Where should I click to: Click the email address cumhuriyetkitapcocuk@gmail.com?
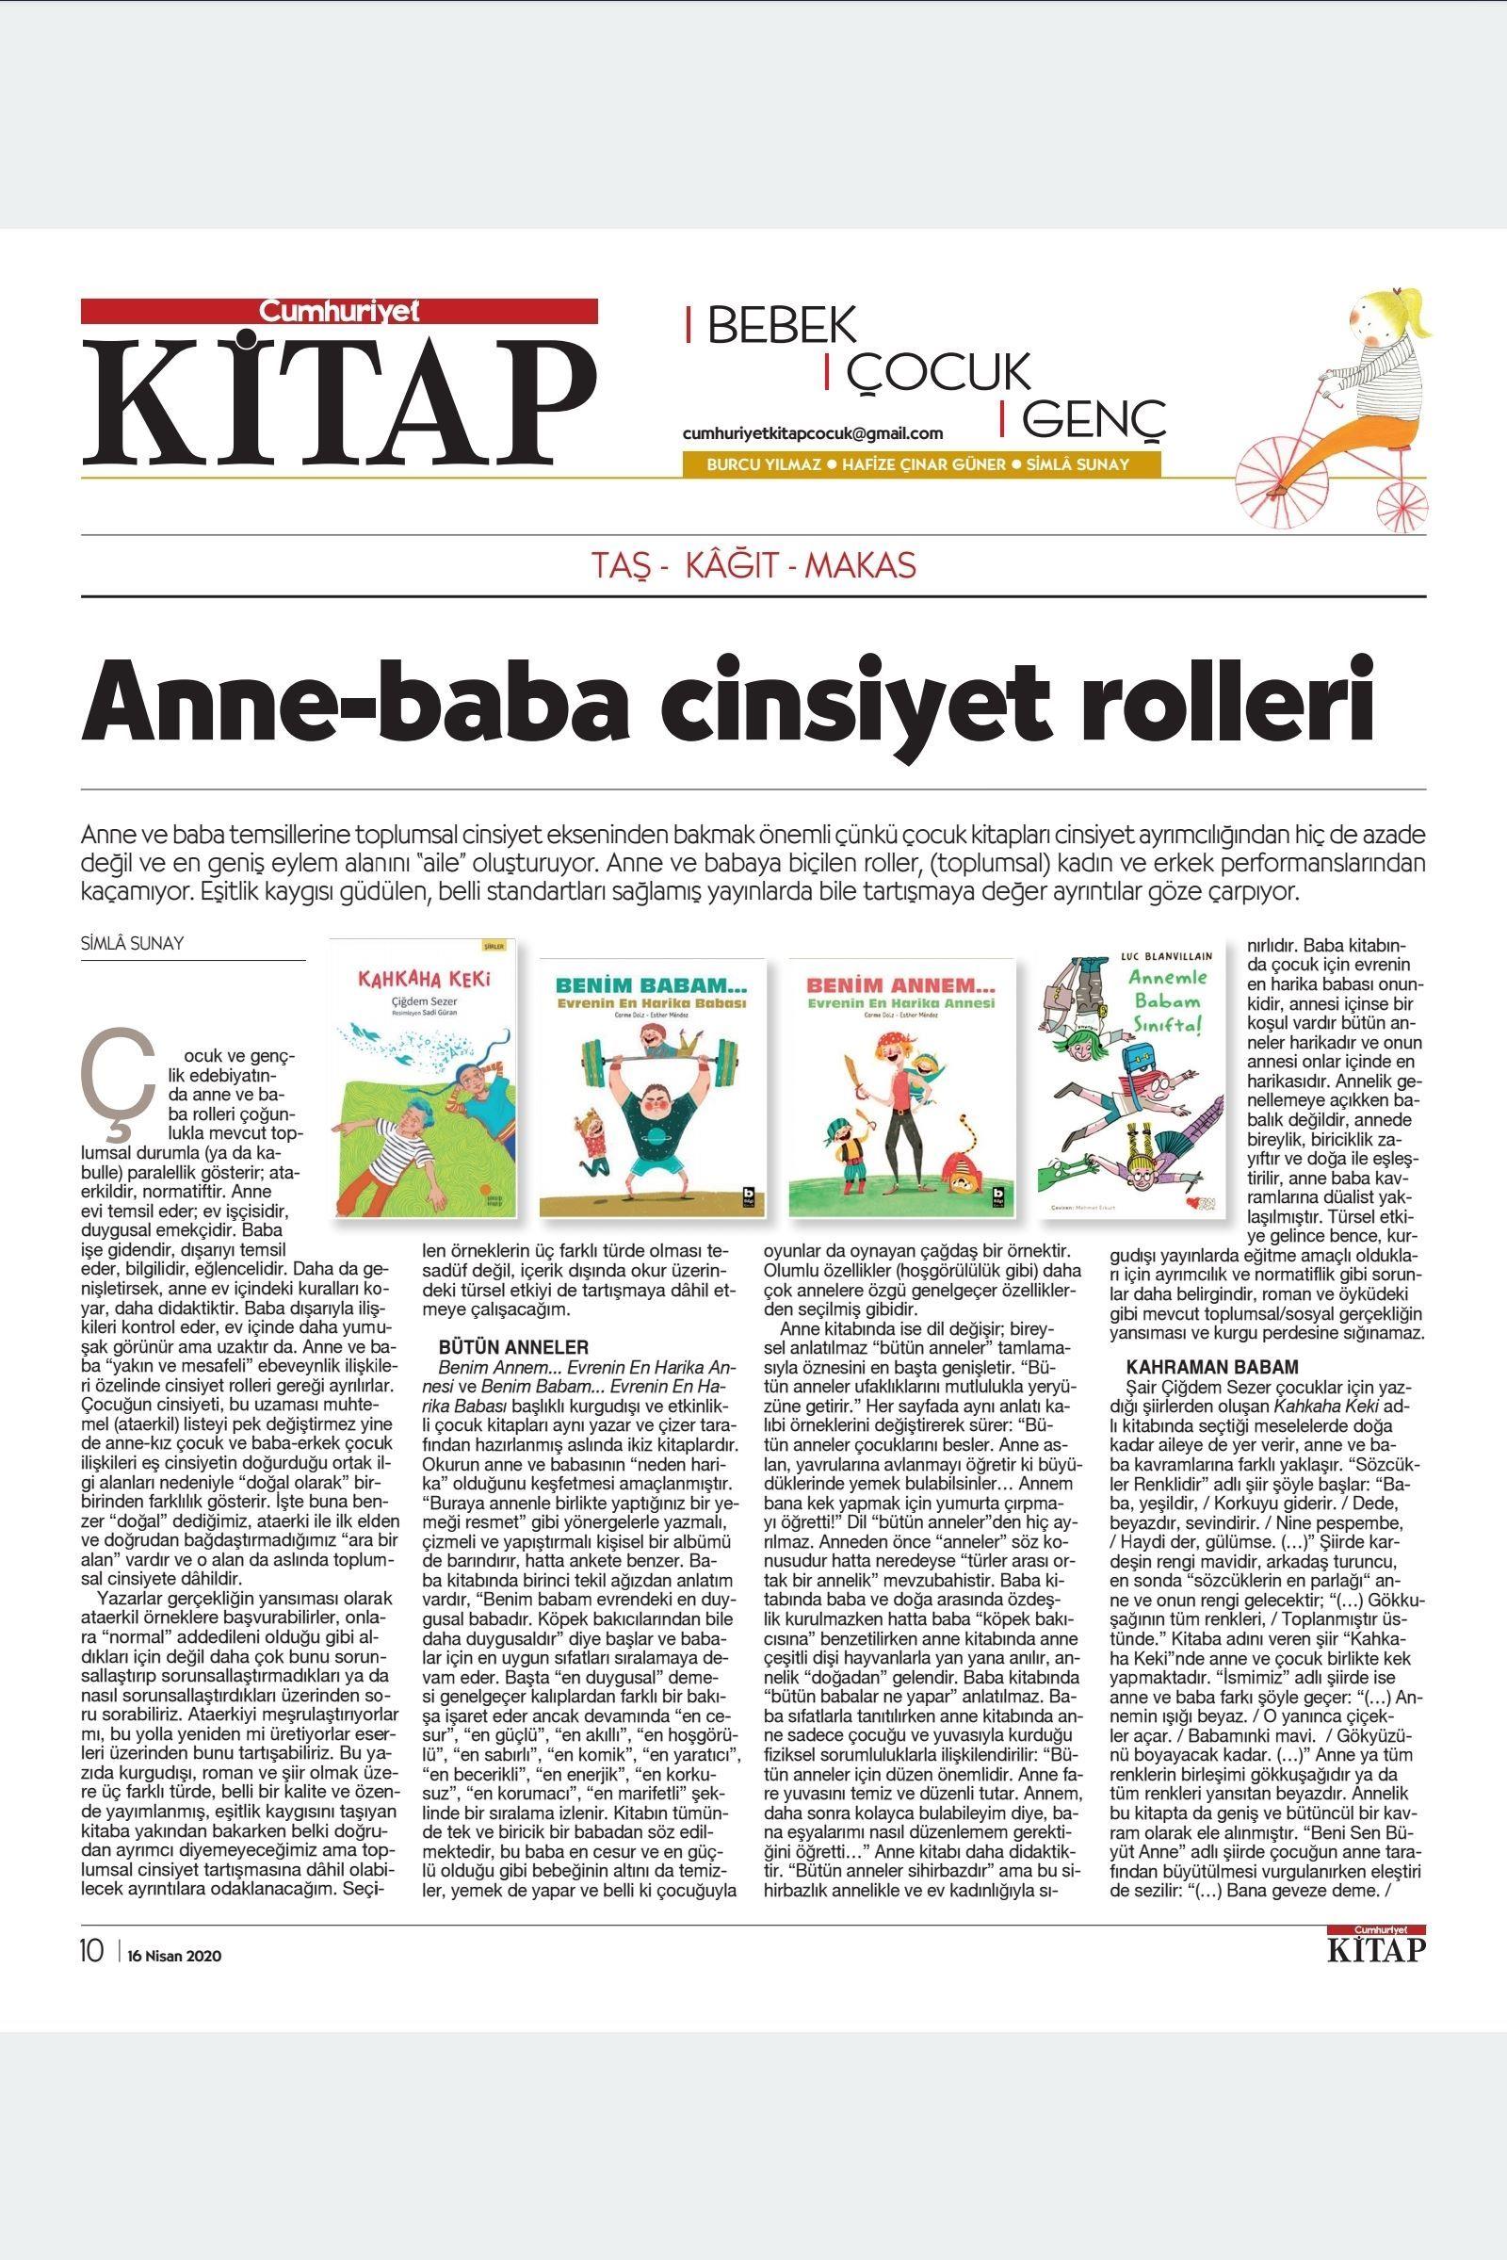[x=812, y=433]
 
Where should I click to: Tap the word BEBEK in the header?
[x=782, y=327]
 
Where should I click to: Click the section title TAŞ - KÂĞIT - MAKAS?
[x=753, y=566]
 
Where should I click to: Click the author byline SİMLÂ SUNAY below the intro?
[x=133, y=943]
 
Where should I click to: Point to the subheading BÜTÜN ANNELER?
[x=513, y=1347]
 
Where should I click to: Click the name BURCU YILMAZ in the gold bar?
[x=764, y=464]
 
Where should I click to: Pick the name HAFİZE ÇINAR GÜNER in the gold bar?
[x=923, y=464]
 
